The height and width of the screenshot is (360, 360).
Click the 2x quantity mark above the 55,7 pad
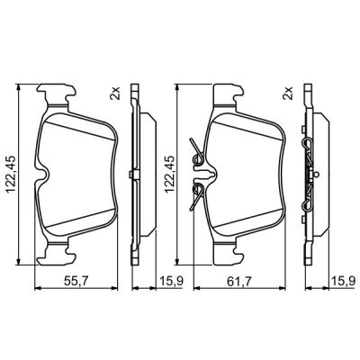(115, 94)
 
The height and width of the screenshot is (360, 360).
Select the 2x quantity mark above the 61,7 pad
(288, 94)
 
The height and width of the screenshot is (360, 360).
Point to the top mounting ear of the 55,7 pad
(59, 93)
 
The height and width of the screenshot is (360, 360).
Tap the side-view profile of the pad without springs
(135, 171)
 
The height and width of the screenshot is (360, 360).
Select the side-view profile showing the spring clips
(309, 171)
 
